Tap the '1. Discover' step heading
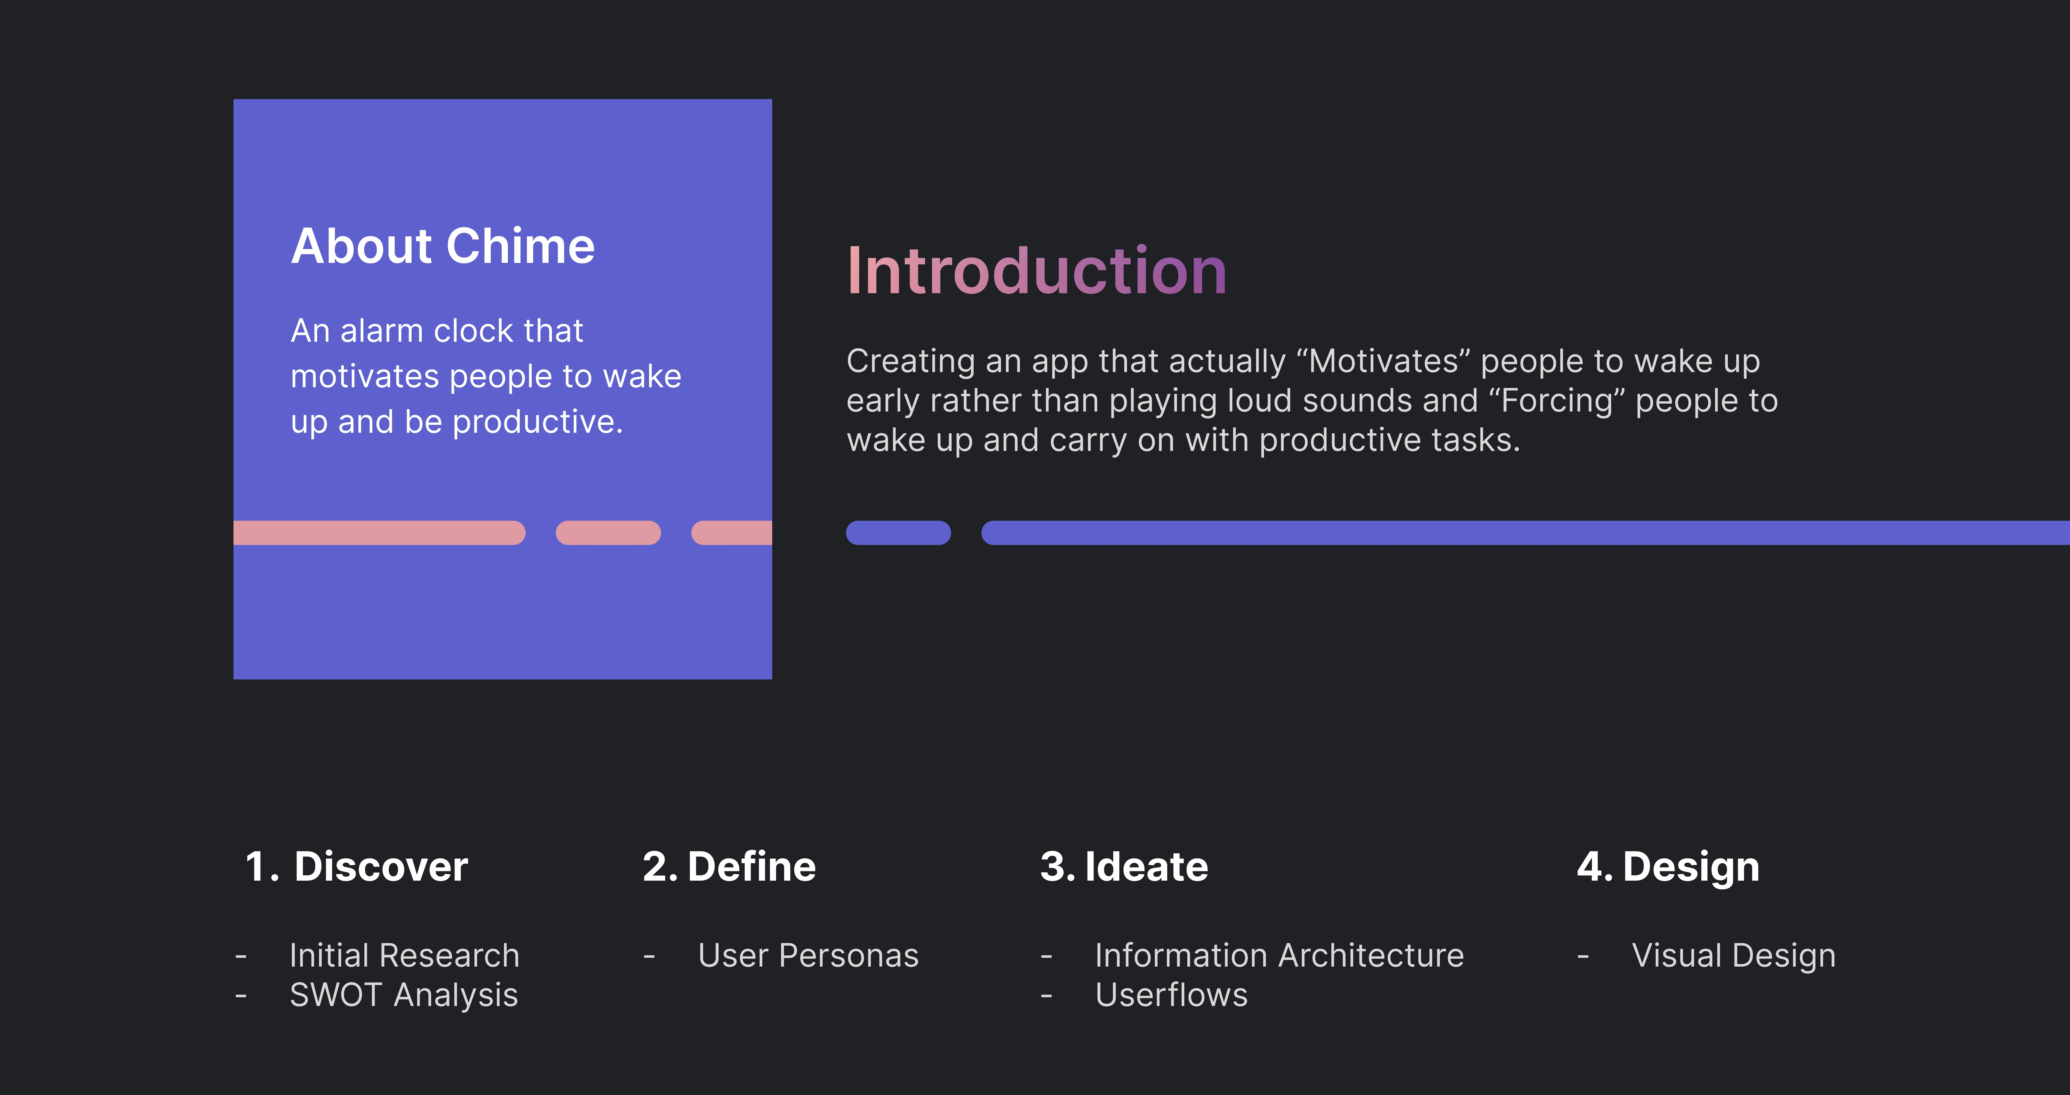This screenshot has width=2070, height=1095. (356, 867)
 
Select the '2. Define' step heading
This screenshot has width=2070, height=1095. (729, 867)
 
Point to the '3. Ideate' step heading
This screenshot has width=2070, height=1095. (1123, 867)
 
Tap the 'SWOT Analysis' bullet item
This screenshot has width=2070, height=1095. (403, 995)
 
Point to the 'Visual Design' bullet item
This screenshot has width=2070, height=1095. (1733, 956)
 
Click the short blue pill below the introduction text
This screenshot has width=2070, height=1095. (898, 533)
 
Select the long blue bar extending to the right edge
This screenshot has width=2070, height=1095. (1525, 533)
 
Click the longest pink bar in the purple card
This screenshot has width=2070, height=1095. (379, 533)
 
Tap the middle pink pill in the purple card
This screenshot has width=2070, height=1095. (608, 533)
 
